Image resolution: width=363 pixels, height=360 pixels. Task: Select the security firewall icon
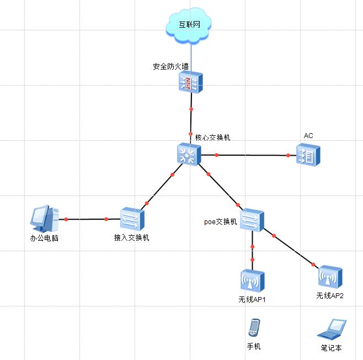pyautogui.click(x=191, y=83)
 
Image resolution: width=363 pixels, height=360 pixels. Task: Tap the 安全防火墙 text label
pyautogui.click(x=170, y=67)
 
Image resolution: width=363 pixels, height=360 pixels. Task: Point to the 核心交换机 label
pyautogui.click(x=212, y=137)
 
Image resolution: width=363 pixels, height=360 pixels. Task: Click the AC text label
pyautogui.click(x=308, y=136)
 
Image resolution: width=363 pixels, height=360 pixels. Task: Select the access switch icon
pyautogui.click(x=132, y=219)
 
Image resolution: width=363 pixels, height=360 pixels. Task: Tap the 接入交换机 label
pyautogui.click(x=131, y=238)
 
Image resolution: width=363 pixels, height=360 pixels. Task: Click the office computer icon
pyautogui.click(x=44, y=219)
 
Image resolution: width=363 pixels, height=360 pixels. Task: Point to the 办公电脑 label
pyautogui.click(x=44, y=239)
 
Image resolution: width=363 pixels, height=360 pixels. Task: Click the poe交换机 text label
pyautogui.click(x=220, y=221)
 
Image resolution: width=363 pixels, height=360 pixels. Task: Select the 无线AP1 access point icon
pyautogui.click(x=252, y=281)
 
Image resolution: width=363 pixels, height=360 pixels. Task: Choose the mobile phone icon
pyautogui.click(x=254, y=328)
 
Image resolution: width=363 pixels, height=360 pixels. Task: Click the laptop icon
pyautogui.click(x=331, y=329)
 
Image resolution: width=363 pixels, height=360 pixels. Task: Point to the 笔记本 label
pyautogui.click(x=331, y=348)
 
